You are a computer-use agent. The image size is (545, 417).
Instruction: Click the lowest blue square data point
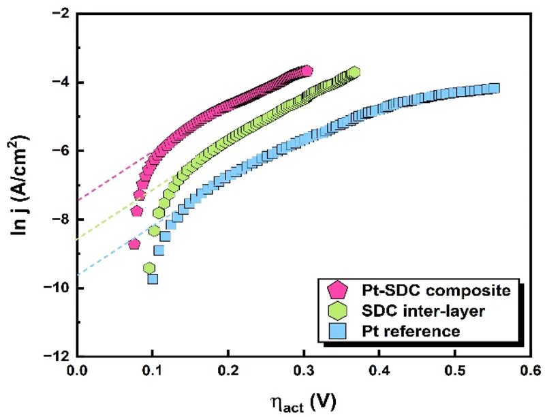coord(153,279)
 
